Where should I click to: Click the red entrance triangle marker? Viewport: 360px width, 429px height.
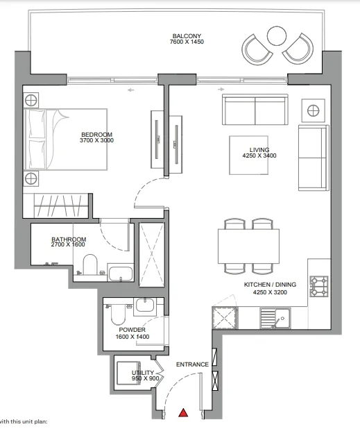click(x=183, y=412)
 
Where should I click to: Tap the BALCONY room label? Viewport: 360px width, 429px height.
click(x=187, y=36)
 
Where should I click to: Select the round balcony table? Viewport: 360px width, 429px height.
click(x=276, y=36)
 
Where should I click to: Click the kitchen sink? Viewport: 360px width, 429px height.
click(x=275, y=318)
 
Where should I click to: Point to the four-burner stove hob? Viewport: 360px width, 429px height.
click(x=318, y=286)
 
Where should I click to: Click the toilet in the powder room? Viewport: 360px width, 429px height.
click(x=118, y=314)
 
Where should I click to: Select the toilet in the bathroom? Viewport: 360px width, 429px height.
click(x=90, y=264)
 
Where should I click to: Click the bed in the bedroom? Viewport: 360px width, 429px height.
click(x=65, y=140)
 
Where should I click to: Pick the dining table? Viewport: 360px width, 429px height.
click(x=248, y=246)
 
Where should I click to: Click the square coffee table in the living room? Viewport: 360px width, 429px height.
click(x=248, y=155)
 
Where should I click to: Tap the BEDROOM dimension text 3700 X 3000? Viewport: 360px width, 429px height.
click(x=96, y=140)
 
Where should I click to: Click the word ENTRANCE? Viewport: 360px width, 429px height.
click(x=192, y=364)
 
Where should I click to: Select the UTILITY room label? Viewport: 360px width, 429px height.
click(x=143, y=373)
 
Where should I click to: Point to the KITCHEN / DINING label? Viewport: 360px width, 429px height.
click(x=270, y=285)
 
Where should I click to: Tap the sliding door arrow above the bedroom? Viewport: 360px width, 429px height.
click(x=130, y=90)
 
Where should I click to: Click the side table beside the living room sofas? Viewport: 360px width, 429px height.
click(x=314, y=110)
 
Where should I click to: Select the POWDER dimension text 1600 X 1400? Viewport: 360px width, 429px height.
click(x=132, y=337)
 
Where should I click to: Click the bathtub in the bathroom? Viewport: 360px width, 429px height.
click(x=121, y=273)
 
